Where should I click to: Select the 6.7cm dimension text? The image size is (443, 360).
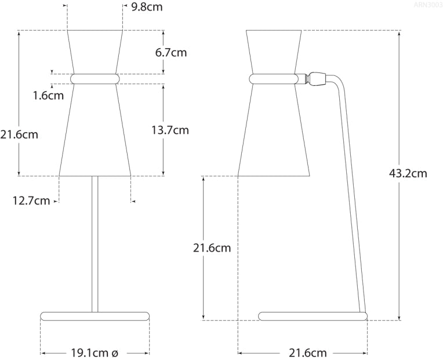[x=171, y=52]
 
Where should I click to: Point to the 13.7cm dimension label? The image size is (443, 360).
[x=170, y=130]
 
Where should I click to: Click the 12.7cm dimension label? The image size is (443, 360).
[x=31, y=201]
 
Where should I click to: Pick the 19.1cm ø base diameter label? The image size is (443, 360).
[x=95, y=352]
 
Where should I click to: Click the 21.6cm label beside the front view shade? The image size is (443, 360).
[x=19, y=134]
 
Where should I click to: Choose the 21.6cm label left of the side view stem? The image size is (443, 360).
[x=212, y=248]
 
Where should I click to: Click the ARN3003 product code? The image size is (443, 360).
[x=428, y=5]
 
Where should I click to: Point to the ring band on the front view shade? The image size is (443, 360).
[x=95, y=78]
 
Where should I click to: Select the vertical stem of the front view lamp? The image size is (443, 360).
[x=95, y=243]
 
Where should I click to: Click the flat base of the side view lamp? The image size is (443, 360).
[x=313, y=316]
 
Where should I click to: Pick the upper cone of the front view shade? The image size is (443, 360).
[x=95, y=51]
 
